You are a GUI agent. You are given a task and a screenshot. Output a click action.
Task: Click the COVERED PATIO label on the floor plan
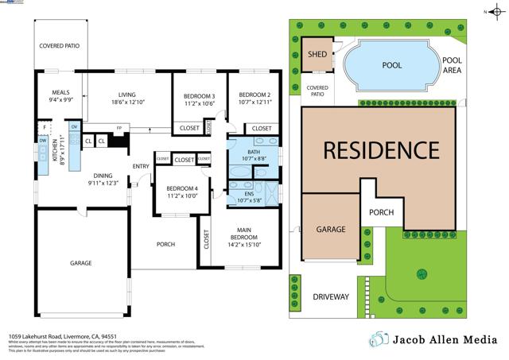pyautogui.click(x=60, y=46)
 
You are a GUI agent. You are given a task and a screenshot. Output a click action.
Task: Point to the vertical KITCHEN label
pyautogui.click(x=55, y=149)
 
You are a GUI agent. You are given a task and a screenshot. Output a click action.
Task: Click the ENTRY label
pyautogui.click(x=141, y=166)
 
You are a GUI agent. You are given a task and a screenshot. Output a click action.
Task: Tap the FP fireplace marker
pyautogui.click(x=119, y=128)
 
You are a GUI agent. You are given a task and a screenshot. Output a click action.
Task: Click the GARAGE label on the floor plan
pyautogui.click(x=80, y=263)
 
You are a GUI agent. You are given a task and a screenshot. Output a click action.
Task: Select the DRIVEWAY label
pyautogui.click(x=330, y=296)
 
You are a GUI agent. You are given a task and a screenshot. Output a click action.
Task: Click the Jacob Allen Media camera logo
pyautogui.click(x=379, y=339)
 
